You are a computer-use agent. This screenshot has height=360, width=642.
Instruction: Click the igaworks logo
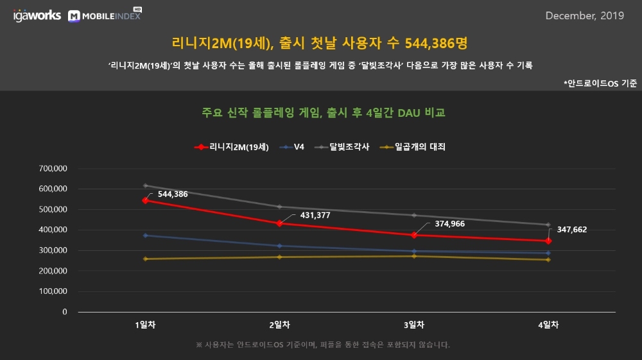[x=37, y=15]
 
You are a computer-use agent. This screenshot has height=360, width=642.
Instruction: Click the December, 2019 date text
[x=584, y=16]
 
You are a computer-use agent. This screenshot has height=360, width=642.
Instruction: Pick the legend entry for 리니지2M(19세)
[x=232, y=147]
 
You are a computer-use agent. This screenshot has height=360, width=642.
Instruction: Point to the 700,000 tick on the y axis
[x=54, y=169]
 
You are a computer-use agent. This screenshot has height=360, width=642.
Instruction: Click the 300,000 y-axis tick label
[x=54, y=250]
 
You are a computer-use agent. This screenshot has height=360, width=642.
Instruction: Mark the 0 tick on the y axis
[x=65, y=312]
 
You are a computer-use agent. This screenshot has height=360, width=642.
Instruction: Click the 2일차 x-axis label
[x=279, y=325]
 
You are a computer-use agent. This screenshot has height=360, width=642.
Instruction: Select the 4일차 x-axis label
[x=548, y=325]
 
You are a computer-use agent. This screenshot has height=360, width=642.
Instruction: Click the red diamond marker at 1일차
[x=146, y=200]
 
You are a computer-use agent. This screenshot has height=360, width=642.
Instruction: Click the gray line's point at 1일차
[x=146, y=185]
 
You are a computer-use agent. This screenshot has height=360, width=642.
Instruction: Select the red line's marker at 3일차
[x=414, y=235]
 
